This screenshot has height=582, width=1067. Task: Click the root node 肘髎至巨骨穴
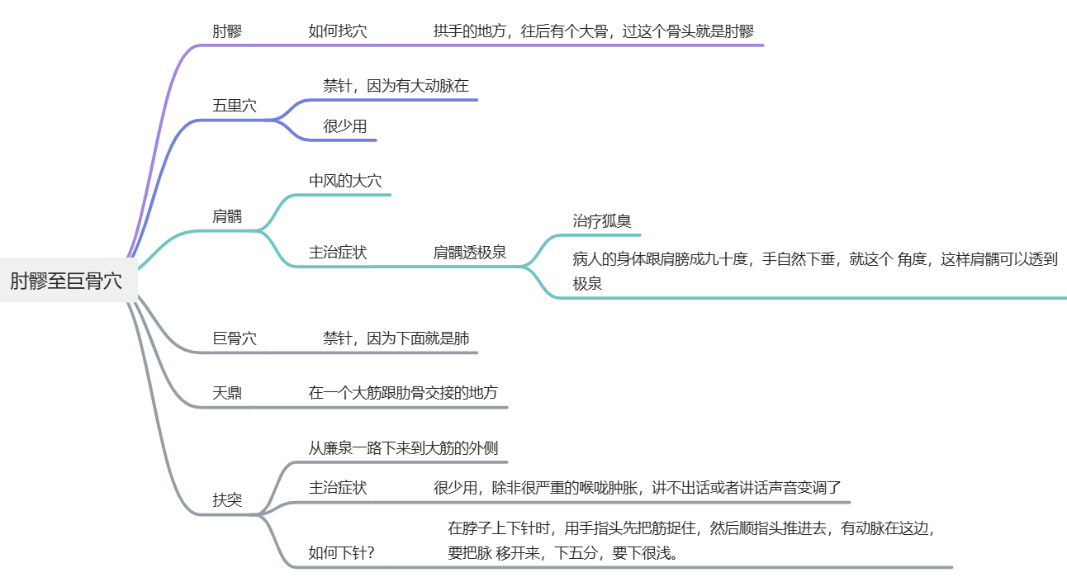point(66,281)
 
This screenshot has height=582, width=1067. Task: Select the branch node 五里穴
point(234,106)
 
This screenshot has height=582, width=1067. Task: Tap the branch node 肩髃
point(227,216)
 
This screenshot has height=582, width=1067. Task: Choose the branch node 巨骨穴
point(234,338)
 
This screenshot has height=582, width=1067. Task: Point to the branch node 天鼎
point(227,393)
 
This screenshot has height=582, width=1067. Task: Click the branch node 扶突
point(227,500)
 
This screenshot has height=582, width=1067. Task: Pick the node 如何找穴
point(338,31)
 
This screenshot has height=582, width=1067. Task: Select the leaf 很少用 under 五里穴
point(344,126)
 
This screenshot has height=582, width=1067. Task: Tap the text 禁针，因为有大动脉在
point(396,86)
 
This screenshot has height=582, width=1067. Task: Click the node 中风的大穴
point(345,181)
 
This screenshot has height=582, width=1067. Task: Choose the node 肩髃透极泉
point(470,253)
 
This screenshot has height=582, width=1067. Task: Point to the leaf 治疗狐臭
point(602,221)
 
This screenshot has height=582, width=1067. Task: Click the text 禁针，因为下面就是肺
point(396,338)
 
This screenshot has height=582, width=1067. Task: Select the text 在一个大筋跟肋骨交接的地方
point(403,393)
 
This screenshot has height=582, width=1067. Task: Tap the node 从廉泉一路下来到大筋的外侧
point(403,448)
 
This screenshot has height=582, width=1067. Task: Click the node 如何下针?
point(341,552)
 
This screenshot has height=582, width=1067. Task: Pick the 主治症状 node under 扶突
point(338,488)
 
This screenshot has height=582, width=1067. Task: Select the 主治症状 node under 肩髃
point(338,253)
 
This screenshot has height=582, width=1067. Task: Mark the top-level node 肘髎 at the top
point(227,31)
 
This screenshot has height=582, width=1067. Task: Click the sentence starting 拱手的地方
point(593,31)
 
